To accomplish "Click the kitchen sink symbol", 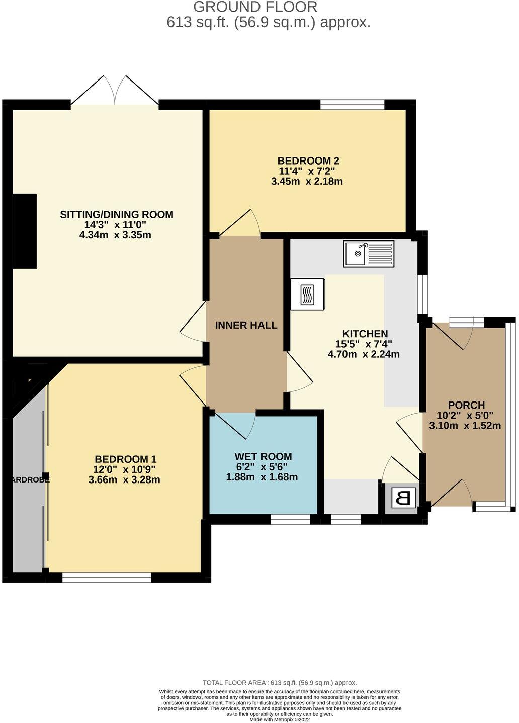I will [369, 254].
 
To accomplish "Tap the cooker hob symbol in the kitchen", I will [307, 294].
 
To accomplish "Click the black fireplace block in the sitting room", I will [25, 231].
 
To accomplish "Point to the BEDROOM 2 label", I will [308, 161].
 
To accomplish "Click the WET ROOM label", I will [263, 457].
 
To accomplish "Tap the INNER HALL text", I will [246, 325].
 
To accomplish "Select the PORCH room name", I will [466, 405].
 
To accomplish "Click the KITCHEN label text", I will [365, 334].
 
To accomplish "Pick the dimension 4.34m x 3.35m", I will [116, 235].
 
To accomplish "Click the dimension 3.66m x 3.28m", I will [124, 479].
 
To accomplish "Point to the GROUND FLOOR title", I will [255, 7].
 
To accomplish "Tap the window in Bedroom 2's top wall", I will [353, 104].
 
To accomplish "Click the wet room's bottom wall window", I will [290, 520].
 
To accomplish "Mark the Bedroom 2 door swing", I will [241, 223].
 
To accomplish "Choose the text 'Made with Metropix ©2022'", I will [280, 719].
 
